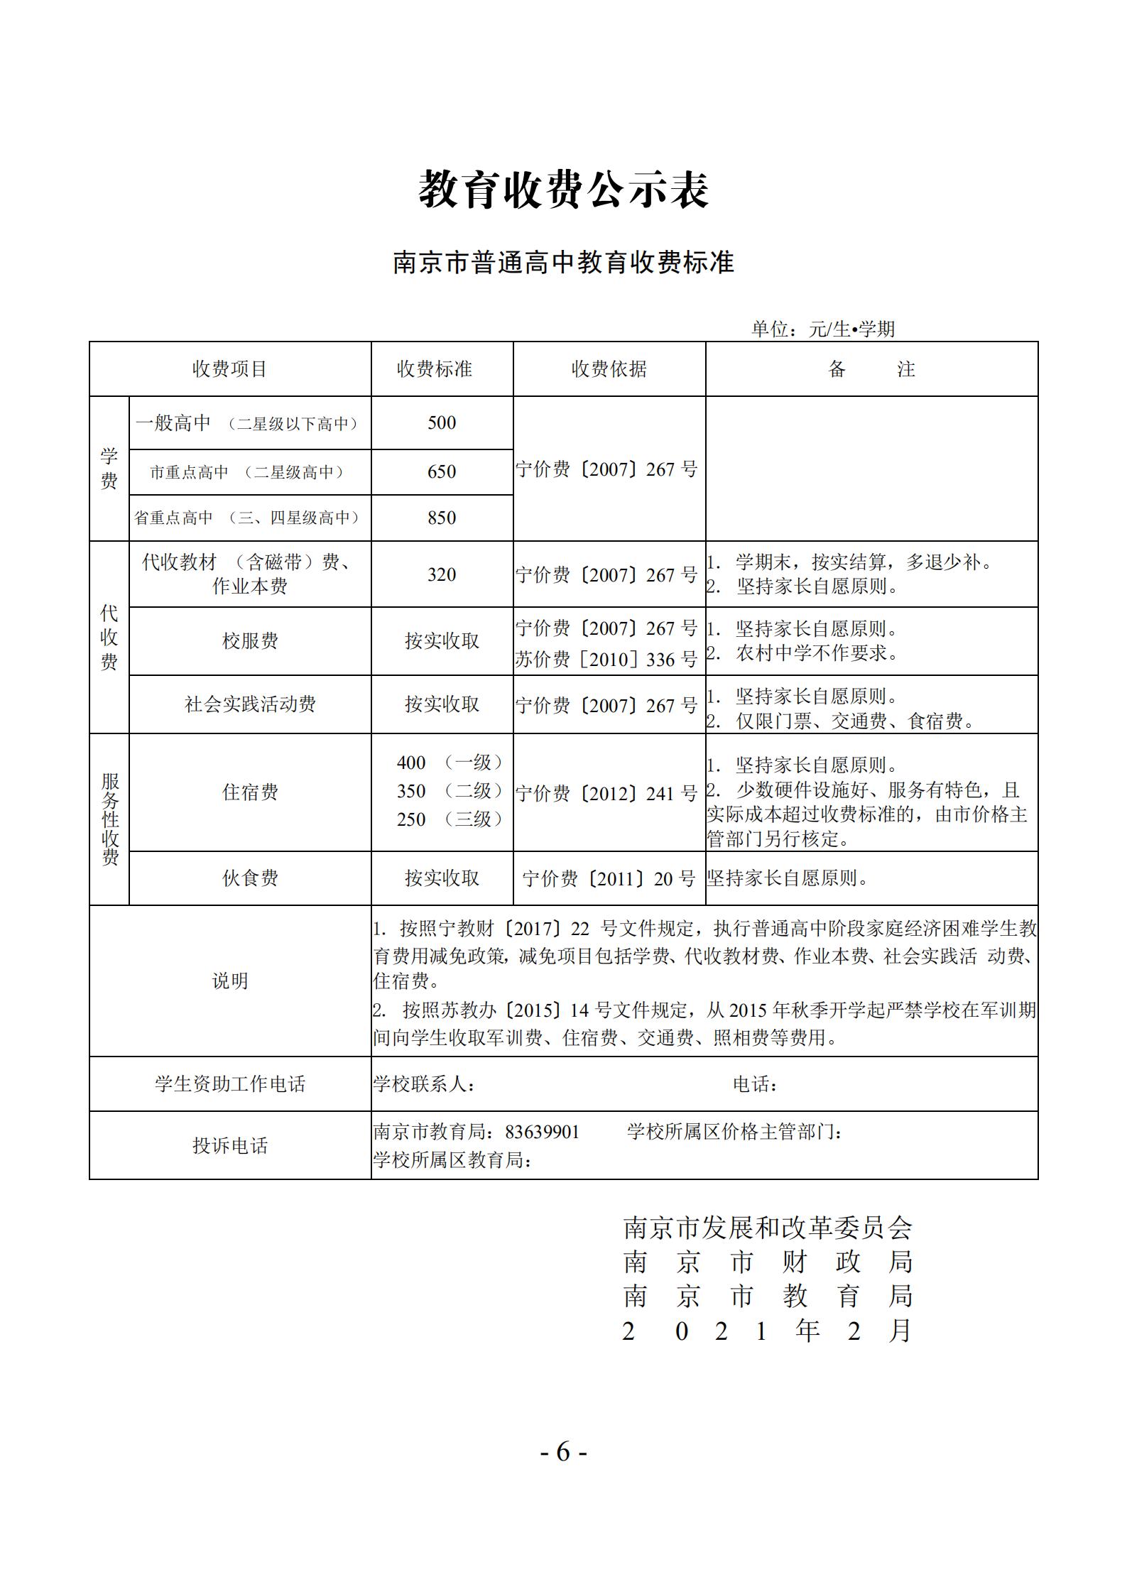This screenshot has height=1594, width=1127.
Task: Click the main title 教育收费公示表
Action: click(564, 190)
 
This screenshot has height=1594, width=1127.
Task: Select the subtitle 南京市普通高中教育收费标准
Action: click(564, 263)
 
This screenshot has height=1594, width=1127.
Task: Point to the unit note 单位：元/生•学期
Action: click(823, 329)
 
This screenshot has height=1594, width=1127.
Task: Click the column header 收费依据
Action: click(609, 369)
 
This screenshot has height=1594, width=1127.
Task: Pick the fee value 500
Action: click(442, 423)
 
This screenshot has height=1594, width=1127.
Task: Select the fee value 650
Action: click(442, 472)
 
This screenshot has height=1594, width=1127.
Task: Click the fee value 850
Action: click(442, 518)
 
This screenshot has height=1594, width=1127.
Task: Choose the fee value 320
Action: click(442, 574)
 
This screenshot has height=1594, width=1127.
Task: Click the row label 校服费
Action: click(250, 641)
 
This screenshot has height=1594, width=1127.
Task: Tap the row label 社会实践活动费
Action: click(250, 704)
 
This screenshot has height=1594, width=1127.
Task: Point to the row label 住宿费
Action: click(250, 792)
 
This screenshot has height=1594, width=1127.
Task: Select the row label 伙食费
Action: click(250, 878)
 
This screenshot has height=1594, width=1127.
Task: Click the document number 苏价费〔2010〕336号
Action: click(607, 660)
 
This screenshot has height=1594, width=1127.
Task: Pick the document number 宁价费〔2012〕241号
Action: click(607, 793)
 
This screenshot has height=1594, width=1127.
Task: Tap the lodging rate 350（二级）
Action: click(450, 791)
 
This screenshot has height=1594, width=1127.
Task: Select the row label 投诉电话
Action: click(229, 1146)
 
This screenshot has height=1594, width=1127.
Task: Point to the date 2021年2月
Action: click(766, 1331)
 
